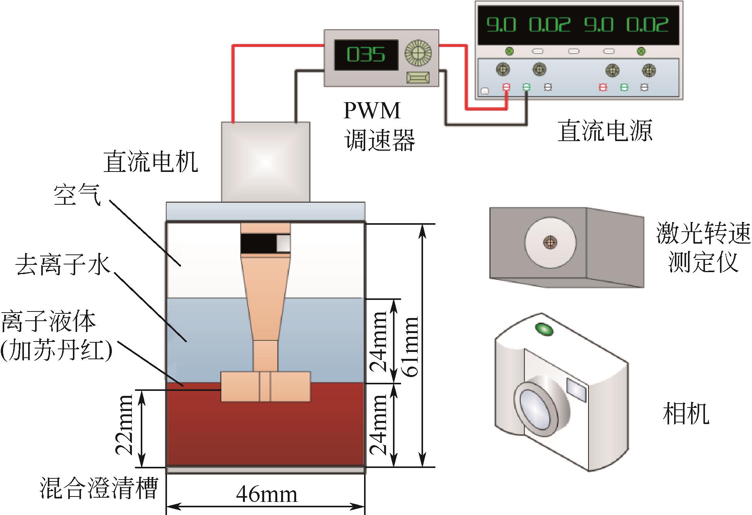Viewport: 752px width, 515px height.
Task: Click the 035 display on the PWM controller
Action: pyautogui.click(x=366, y=55)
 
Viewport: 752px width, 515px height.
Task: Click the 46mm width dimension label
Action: pyautogui.click(x=266, y=495)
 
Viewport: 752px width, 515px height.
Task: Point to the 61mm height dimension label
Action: pyautogui.click(x=410, y=346)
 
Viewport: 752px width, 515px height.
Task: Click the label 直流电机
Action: pyautogui.click(x=150, y=162)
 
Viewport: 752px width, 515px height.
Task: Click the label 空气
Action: pyautogui.click(x=77, y=195)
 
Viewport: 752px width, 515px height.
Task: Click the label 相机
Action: pyautogui.click(x=686, y=414)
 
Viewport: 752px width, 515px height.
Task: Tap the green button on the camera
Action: pyautogui.click(x=544, y=329)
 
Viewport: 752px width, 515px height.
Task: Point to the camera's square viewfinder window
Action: pyautogui.click(x=577, y=389)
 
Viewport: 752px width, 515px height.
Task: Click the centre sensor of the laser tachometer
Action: pyautogui.click(x=550, y=242)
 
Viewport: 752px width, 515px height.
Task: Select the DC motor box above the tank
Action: pyautogui.click(x=265, y=162)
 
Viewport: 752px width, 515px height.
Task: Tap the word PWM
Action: pyautogui.click(x=372, y=111)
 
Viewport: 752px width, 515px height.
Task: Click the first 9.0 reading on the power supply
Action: pyautogui.click(x=501, y=25)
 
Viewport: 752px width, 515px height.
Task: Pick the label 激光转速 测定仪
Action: pyautogui.click(x=703, y=248)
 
